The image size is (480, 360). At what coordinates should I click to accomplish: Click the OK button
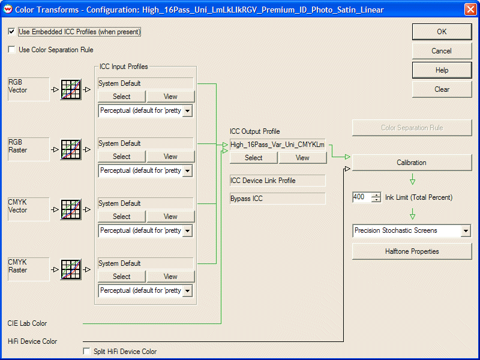pos(442,32)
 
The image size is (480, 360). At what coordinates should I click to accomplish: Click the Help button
pos(442,70)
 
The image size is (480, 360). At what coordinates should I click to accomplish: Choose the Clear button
pos(442,89)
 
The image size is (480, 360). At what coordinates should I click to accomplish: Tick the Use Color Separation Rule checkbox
pos(11,50)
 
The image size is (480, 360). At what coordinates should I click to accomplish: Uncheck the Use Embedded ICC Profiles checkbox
pos(11,32)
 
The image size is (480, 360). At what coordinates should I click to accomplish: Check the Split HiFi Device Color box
pos(87,351)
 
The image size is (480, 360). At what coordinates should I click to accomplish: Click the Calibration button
pos(412,163)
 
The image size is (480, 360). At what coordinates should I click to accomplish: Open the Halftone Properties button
pos(412,251)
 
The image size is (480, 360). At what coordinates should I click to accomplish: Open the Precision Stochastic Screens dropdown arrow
pos(466,231)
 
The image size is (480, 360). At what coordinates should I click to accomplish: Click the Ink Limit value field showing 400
pos(362,197)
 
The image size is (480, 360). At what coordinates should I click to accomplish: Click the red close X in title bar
pos(470,10)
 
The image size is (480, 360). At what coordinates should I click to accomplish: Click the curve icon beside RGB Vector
pos(71,89)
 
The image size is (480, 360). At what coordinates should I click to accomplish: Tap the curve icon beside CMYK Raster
pos(71,269)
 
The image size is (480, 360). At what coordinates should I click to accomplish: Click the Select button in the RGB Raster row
pos(122,157)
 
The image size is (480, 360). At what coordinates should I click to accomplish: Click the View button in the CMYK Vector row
pos(170,217)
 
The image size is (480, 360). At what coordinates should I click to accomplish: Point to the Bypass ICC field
pos(277,199)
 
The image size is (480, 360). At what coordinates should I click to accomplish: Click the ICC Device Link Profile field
pos(277,181)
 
